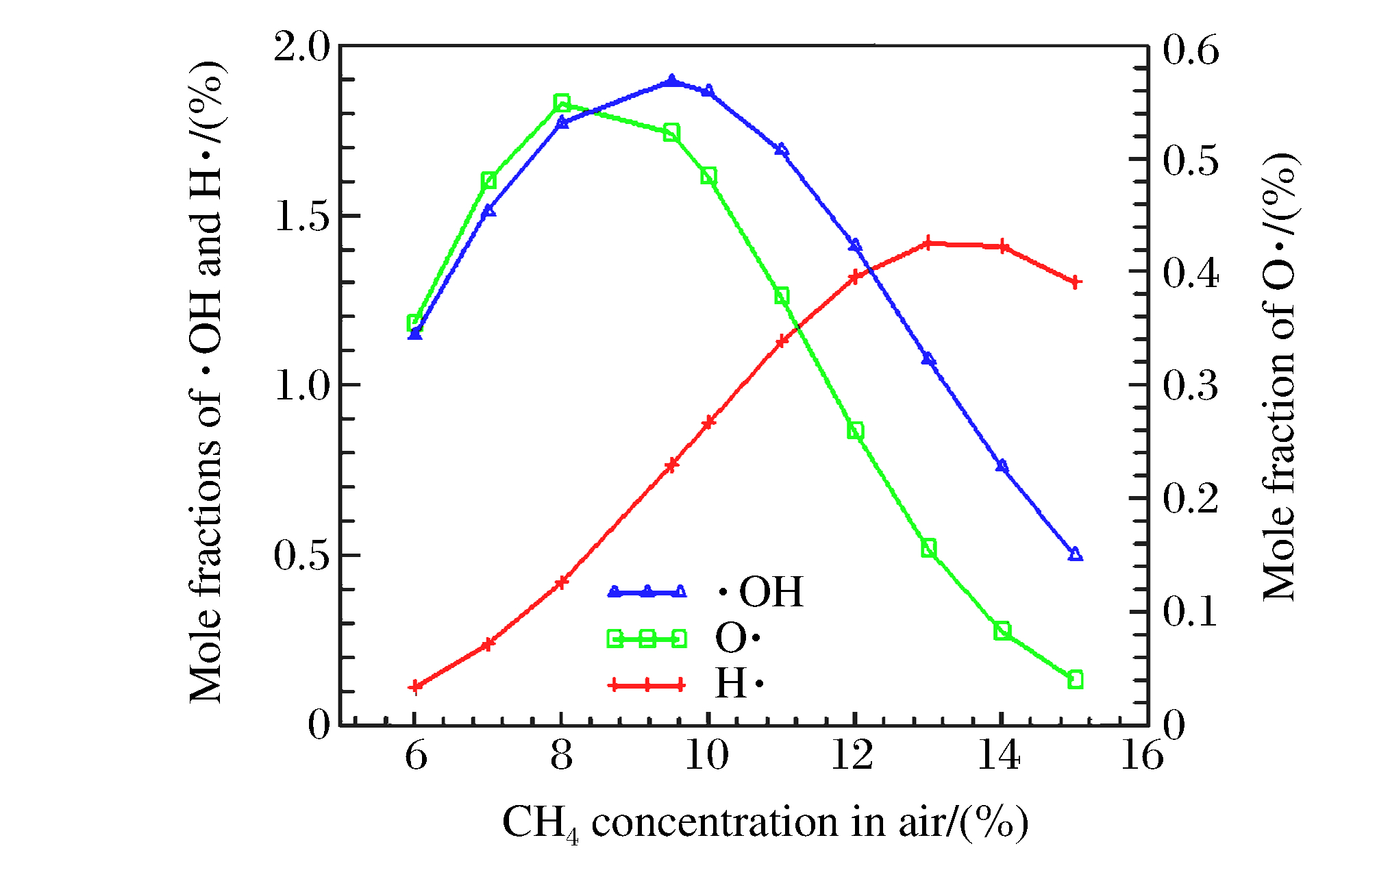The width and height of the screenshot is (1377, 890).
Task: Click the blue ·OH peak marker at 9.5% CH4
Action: click(671, 81)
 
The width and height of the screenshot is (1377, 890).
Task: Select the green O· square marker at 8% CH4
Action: click(562, 103)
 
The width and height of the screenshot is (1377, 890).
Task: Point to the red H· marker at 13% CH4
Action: click(928, 243)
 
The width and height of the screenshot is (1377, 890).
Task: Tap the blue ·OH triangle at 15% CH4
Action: click(1075, 554)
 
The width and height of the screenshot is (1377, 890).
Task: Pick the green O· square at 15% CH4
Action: click(1075, 680)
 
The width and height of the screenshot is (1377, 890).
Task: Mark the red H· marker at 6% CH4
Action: click(414, 687)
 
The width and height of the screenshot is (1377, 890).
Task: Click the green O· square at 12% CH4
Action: click(855, 431)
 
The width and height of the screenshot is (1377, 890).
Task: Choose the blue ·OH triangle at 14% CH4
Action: click(1002, 466)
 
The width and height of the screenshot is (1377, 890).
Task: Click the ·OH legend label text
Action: click(760, 591)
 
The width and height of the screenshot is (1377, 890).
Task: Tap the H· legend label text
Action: click(739, 684)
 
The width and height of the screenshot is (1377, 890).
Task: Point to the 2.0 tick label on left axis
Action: click(301, 48)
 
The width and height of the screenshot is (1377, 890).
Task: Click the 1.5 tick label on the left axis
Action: click(301, 217)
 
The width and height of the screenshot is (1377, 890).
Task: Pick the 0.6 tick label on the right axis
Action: click(1191, 50)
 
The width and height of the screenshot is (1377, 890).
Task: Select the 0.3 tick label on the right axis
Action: click(1191, 385)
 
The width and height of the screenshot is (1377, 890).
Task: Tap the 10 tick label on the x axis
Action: click(707, 756)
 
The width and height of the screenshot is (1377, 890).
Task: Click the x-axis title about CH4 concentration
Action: click(765, 822)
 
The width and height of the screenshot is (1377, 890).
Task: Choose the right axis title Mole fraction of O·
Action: click(1280, 377)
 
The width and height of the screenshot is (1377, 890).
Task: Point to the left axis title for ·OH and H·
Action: click(206, 382)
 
